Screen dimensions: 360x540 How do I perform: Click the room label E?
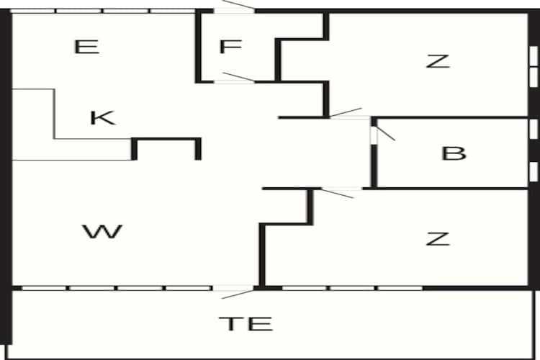[x=86, y=48]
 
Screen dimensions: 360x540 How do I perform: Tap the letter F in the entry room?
[x=229, y=48]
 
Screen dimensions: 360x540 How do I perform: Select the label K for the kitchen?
[x=103, y=117]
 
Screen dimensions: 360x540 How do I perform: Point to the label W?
[x=102, y=232]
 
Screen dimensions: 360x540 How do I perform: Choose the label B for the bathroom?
[x=454, y=153]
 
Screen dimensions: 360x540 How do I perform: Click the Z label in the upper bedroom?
[x=437, y=61]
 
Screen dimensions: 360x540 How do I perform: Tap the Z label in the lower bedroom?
[x=437, y=238]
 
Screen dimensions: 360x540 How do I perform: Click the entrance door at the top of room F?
[x=235, y=9]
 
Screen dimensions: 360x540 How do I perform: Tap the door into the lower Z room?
[x=338, y=192]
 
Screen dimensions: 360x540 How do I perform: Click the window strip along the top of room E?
[x=101, y=11]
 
